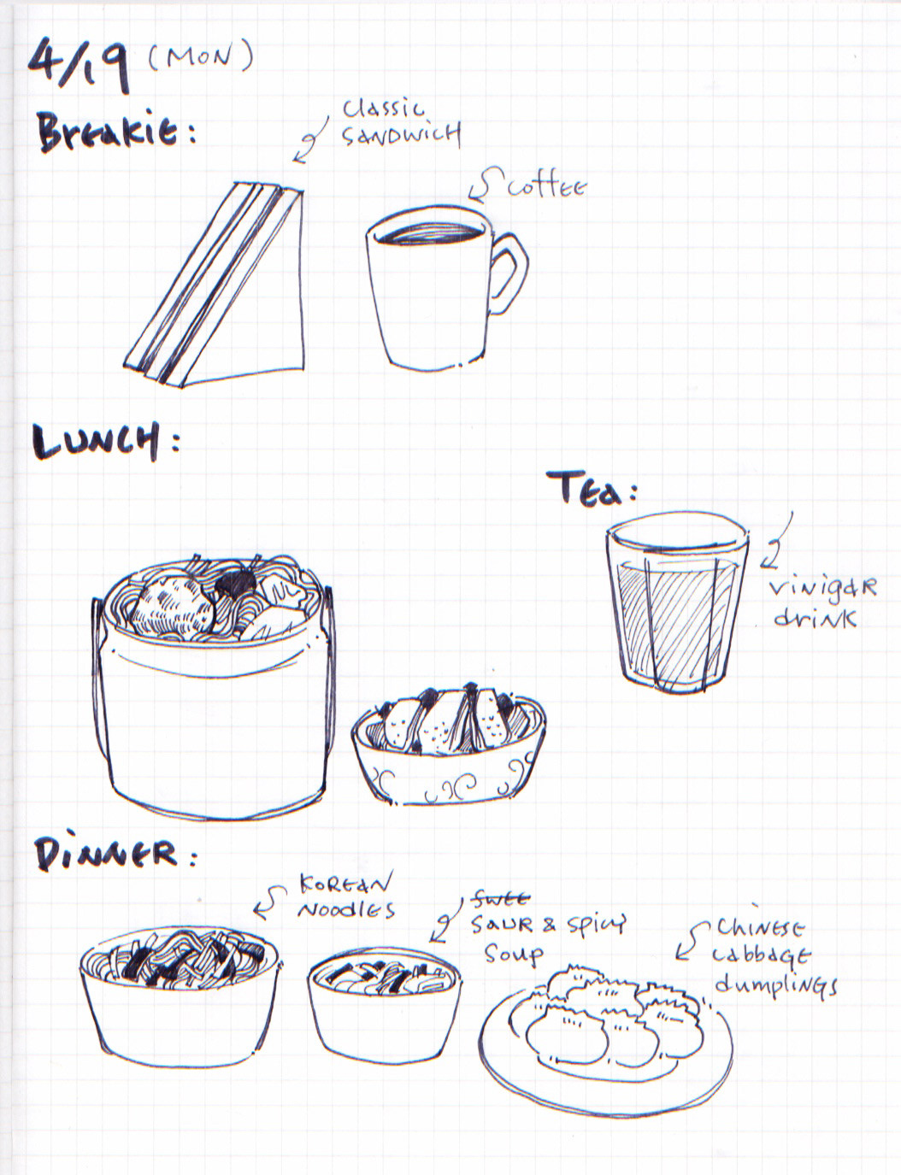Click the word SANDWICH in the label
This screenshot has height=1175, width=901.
[x=401, y=135]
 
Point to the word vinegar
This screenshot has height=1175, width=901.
[x=822, y=588]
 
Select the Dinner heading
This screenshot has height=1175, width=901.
[x=115, y=854]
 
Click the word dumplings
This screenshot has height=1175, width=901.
[x=775, y=987]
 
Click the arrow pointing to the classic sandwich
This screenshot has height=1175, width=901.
[x=311, y=139]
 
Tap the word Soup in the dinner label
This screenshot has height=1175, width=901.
[x=513, y=955]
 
